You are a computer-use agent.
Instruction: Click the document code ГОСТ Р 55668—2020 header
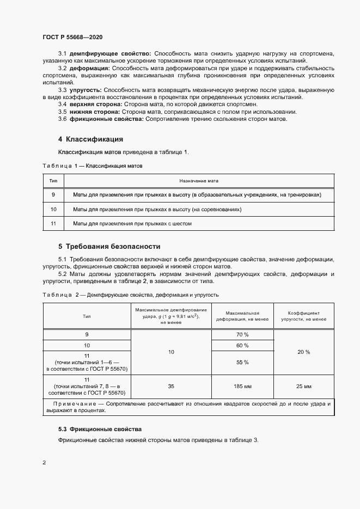coord(72,37)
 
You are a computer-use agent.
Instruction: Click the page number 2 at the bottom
coord(44,462)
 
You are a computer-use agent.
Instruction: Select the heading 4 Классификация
coord(90,139)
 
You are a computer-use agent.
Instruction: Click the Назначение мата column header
coord(199,180)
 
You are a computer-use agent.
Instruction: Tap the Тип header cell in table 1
coord(53,180)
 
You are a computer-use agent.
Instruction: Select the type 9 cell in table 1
coord(53,194)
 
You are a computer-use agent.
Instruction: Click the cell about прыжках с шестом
coord(132,223)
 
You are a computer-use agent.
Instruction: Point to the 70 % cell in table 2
coord(242,334)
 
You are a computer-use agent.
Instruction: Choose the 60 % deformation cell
coord(242,346)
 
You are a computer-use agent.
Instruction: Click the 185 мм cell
coord(242,386)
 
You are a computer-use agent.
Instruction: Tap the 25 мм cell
coord(303,386)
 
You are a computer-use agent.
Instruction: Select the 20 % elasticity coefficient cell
coord(303,352)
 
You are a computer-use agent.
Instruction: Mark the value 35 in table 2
coord(171,386)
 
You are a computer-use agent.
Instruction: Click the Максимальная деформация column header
coord(242,316)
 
